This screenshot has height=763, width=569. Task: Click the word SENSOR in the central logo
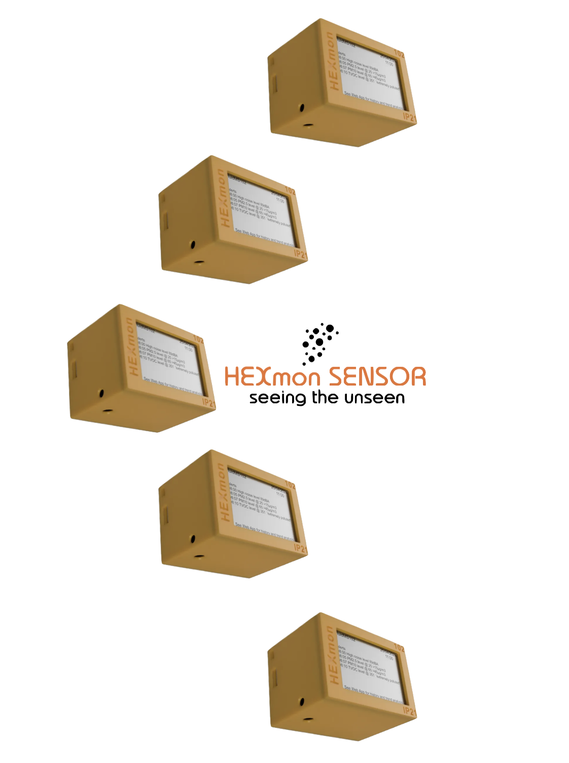pos(376,377)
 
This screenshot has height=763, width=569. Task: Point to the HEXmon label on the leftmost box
pos(131,348)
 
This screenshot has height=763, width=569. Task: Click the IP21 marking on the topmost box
pos(409,117)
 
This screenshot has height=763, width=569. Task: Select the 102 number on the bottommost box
pos(399,648)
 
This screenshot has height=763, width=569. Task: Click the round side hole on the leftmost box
pos(101,393)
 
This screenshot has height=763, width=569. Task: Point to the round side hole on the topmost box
pos(302,108)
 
